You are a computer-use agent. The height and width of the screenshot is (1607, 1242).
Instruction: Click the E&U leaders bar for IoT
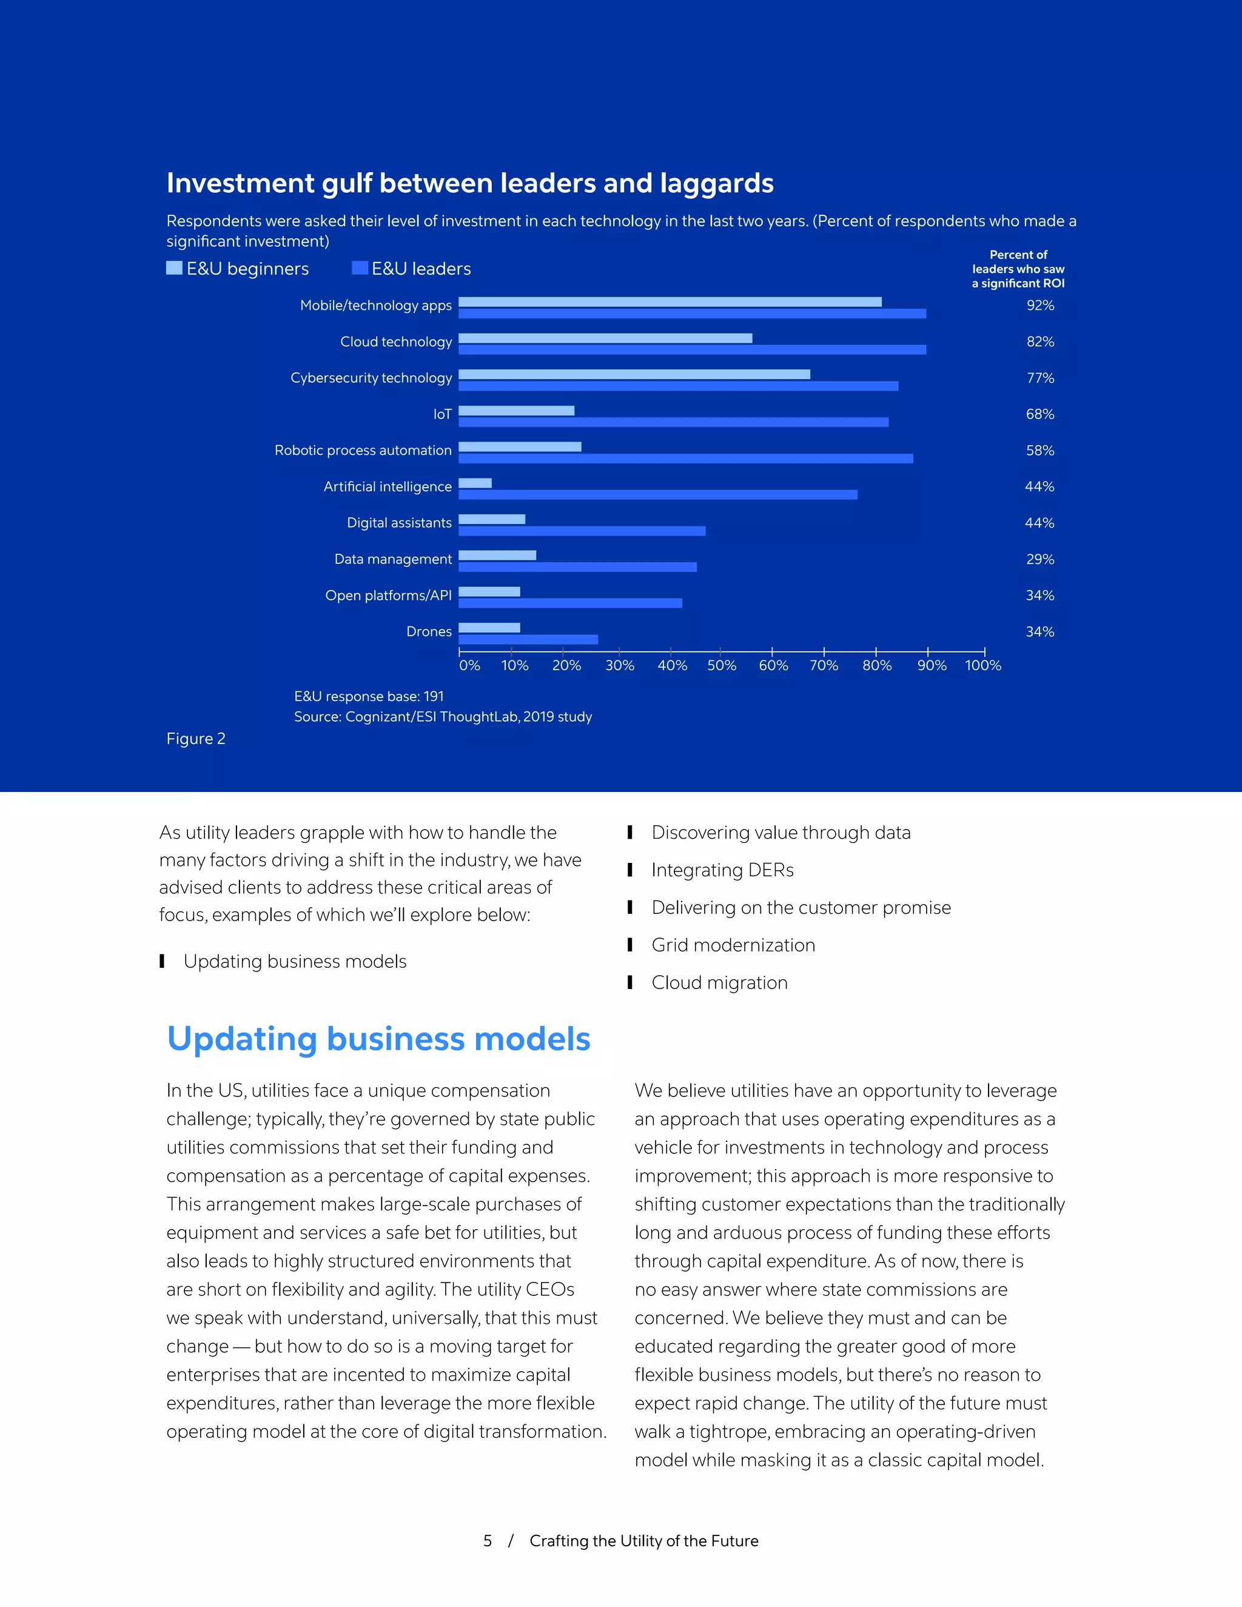tap(673, 422)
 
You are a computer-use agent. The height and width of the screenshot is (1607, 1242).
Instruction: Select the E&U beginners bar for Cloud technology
tap(605, 338)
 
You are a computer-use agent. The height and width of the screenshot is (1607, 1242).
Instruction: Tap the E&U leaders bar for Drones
tap(528, 639)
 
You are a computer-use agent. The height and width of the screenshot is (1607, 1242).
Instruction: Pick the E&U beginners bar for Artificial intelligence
tap(475, 483)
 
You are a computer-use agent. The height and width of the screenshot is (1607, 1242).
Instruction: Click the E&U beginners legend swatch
tap(175, 268)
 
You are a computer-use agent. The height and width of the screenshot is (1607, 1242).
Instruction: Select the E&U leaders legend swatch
tap(359, 268)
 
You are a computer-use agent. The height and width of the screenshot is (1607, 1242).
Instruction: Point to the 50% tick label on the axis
tap(721, 665)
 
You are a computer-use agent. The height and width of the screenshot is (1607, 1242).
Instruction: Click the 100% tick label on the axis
tap(982, 665)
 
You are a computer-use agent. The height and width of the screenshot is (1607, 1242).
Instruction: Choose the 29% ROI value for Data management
tap(1039, 559)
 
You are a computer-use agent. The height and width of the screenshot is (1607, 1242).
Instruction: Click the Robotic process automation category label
tap(363, 451)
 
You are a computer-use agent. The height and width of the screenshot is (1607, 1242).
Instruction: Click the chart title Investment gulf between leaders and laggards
tap(469, 183)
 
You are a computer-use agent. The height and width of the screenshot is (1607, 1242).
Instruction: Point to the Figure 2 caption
tap(196, 739)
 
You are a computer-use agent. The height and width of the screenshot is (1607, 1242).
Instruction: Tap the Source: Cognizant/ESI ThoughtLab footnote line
tap(442, 717)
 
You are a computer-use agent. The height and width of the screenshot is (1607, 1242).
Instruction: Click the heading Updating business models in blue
tap(378, 1039)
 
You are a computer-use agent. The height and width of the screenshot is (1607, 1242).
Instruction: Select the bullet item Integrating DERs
tap(722, 870)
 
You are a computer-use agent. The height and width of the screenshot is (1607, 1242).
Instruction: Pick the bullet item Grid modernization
tap(733, 945)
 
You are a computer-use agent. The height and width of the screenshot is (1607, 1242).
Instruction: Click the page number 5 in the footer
tap(487, 1541)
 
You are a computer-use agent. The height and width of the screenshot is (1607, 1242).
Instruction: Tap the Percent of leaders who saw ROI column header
tap(1018, 269)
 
